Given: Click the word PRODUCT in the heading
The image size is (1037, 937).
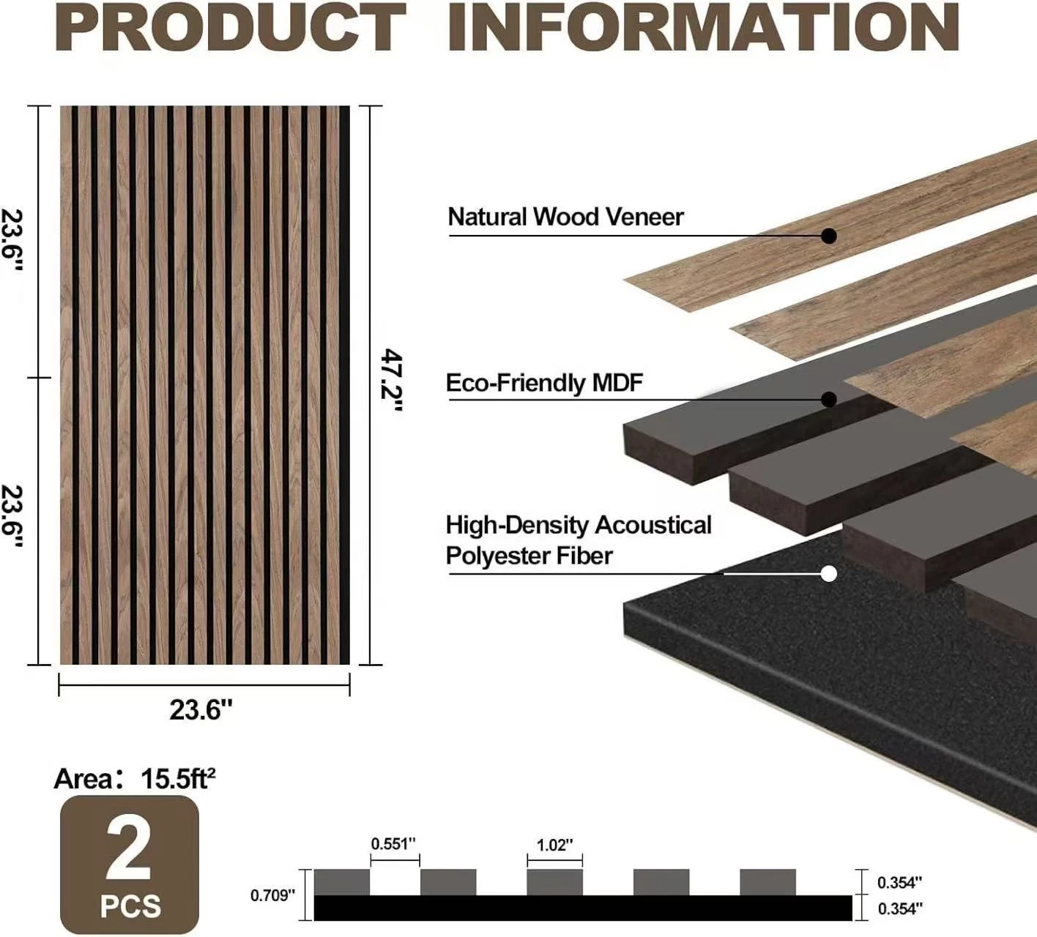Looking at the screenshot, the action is [231, 27].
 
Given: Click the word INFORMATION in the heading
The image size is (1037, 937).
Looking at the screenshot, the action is [704, 27].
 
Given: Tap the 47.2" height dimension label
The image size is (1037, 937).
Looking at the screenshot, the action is [391, 381].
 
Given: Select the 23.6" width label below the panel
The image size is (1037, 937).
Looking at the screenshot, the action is [201, 709].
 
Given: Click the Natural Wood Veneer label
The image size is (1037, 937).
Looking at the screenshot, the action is [565, 217].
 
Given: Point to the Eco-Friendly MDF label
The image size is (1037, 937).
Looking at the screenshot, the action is [544, 383].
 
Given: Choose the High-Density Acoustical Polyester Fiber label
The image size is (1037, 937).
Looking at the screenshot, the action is [579, 540].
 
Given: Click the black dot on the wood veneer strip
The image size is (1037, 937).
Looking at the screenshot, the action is [829, 236].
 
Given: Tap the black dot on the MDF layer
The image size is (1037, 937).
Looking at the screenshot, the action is [829, 400].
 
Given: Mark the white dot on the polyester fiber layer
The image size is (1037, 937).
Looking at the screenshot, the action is [829, 574].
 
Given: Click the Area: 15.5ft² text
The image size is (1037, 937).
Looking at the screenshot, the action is [135, 778].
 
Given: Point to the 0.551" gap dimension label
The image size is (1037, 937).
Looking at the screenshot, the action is [393, 844].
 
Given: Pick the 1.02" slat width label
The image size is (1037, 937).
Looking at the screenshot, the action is [554, 845].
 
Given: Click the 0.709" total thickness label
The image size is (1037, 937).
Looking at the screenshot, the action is [272, 895].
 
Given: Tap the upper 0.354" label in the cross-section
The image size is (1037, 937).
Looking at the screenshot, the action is [899, 883].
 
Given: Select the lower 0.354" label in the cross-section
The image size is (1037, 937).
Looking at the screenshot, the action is [900, 908].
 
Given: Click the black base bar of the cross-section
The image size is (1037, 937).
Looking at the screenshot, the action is [583, 908].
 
